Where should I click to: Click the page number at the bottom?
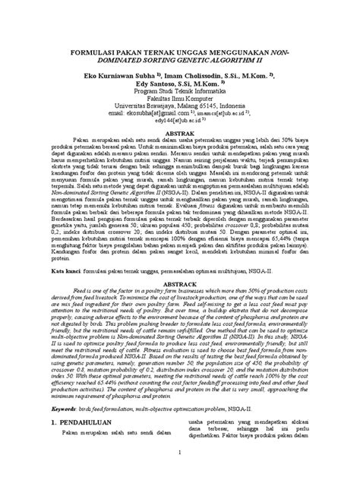180,473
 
